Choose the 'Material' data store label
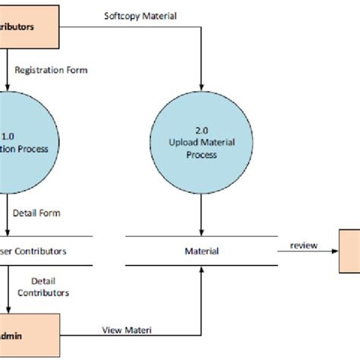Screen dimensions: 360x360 (x=201, y=251)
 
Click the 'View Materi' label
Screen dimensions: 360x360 (x=125, y=330)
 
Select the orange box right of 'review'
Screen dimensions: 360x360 (x=349, y=251)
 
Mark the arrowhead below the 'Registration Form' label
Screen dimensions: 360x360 (x=10, y=88)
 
